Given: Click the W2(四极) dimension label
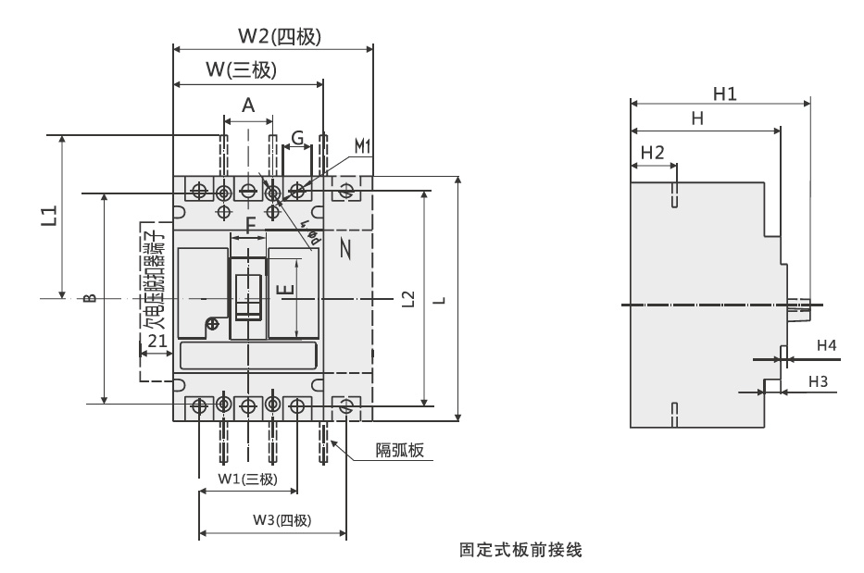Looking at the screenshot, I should [x=278, y=37].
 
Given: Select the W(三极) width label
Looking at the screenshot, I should [x=241, y=69].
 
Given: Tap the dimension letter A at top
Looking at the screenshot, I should [x=248, y=106].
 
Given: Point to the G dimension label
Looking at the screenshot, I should [x=297, y=139].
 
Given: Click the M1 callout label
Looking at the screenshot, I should [x=362, y=146].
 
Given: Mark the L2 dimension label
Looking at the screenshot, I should [x=408, y=299].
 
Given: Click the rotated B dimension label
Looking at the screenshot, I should [x=89, y=298].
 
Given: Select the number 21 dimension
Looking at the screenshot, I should [x=157, y=341].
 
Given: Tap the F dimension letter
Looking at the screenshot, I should [x=250, y=224].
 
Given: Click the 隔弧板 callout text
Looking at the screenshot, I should [x=399, y=451].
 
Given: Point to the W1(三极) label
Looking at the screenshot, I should [x=247, y=479].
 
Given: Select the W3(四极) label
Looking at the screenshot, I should [x=282, y=519].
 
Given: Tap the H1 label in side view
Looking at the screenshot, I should [x=724, y=93].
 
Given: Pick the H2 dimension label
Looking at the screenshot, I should [x=652, y=153].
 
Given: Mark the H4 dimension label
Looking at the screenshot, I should [x=826, y=345].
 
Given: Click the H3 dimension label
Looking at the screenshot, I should [x=819, y=380].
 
